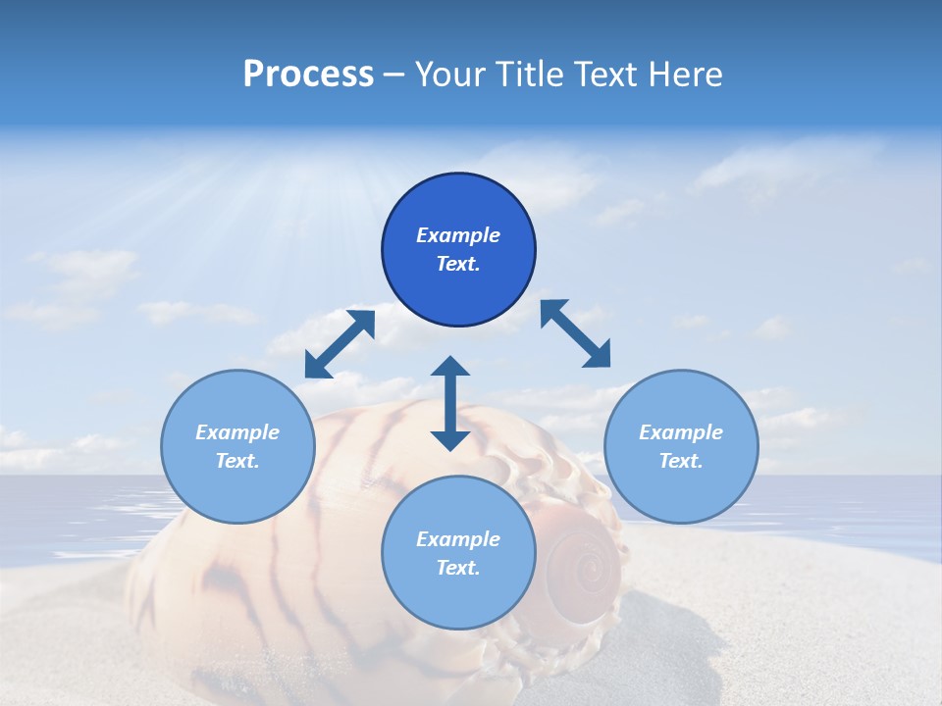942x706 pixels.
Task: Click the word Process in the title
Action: [308, 75]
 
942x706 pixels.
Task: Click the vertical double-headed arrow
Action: [450, 403]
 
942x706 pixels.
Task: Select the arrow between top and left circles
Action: [340, 344]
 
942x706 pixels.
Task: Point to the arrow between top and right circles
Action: [575, 333]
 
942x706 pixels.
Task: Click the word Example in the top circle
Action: [458, 235]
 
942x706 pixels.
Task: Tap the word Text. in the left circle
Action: [237, 461]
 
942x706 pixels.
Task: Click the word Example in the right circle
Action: [681, 432]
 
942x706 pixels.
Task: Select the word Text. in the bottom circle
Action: [458, 568]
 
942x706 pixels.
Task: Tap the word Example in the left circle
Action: [237, 432]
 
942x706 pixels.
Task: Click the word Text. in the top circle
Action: [458, 264]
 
